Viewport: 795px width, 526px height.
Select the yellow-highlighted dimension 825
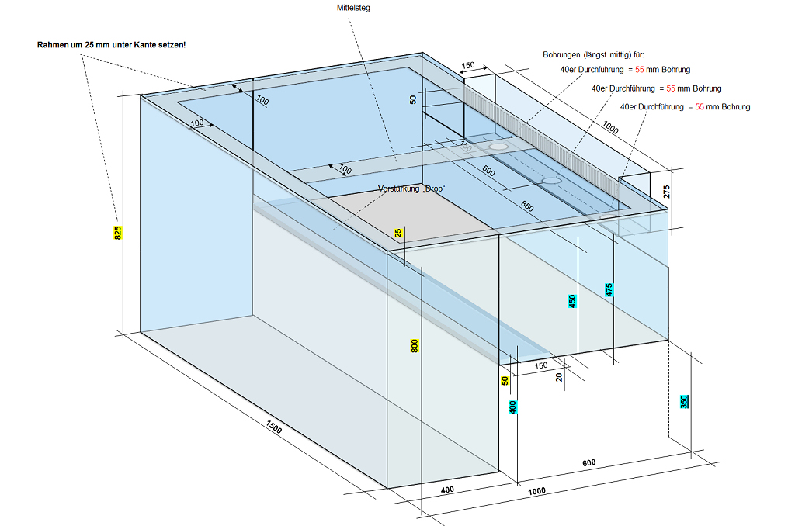[x=118, y=233]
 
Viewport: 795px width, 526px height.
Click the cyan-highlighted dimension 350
[x=684, y=401]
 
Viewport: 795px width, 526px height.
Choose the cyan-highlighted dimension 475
[x=609, y=290]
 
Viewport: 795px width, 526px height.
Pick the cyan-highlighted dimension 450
[x=572, y=302]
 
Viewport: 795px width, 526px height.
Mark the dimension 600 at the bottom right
[x=589, y=463]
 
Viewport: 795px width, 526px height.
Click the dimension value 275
[x=665, y=192]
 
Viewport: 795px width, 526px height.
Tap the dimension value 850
[x=527, y=207]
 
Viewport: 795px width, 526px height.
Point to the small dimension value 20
[x=558, y=377]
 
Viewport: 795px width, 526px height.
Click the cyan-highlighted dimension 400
[x=513, y=407]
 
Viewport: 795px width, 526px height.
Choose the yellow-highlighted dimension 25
[x=398, y=233]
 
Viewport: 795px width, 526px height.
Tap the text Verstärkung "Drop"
[x=411, y=189]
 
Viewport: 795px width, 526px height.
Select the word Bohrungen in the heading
[x=564, y=55]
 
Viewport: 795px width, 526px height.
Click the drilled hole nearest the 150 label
[x=498, y=146]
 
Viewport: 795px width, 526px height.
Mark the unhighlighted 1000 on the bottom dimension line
[x=536, y=490]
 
